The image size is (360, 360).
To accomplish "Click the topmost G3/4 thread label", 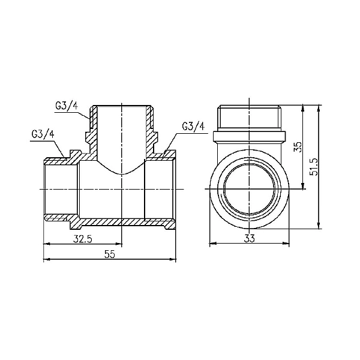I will [x=67, y=107].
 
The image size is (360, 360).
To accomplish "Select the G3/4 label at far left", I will [x=42, y=134].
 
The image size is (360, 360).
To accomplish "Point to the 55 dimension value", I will [x=110, y=254].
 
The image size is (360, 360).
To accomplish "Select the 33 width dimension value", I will [x=250, y=238].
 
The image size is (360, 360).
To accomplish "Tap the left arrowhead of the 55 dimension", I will [x=47, y=260].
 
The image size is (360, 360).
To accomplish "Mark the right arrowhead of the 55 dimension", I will [x=173, y=260].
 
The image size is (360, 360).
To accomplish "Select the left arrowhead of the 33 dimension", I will [x=211, y=244].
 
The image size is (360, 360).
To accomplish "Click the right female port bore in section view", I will [x=159, y=190].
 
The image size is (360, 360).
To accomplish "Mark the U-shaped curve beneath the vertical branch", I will [x=122, y=173].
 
